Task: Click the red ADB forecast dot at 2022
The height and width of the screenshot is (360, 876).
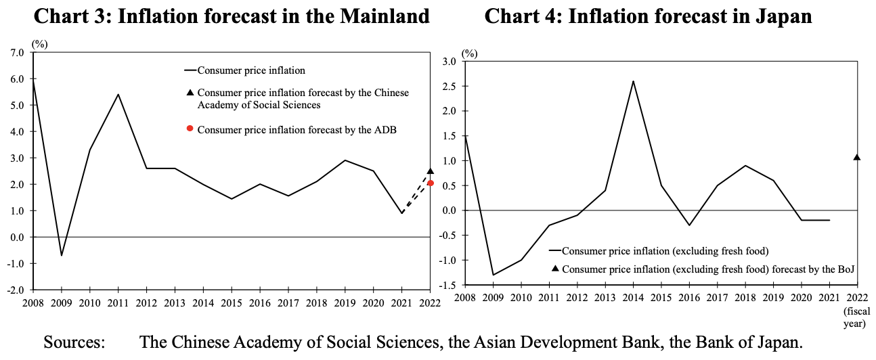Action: pos(431,183)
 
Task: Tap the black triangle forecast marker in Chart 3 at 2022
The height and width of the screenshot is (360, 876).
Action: pos(431,171)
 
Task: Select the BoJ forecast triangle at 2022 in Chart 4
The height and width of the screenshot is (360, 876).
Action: pos(857,158)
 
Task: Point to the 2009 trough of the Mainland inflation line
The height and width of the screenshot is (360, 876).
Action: pos(62,255)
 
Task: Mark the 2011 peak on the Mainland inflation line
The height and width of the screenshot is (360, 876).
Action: pos(118,94)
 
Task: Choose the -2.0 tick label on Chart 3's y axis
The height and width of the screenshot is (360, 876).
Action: pos(16,290)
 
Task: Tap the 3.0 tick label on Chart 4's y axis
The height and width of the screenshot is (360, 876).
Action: pos(449,62)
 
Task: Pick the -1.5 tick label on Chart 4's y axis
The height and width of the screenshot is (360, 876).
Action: pos(447,285)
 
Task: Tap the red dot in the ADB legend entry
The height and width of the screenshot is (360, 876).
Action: pos(190,129)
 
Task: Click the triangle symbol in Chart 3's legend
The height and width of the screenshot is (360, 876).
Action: pos(190,93)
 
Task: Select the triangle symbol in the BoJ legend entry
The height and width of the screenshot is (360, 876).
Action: pos(555,269)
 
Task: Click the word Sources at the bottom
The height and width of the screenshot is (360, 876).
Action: pos(74,342)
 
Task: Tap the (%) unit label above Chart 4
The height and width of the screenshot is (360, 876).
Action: pos(469,52)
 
